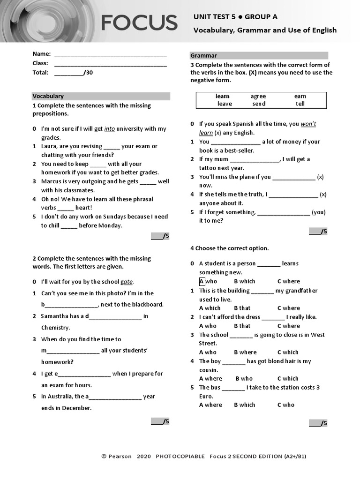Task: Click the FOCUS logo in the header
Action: click(139, 22)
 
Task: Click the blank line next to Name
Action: click(111, 55)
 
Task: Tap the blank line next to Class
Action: click(111, 64)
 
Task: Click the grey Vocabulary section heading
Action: click(101, 96)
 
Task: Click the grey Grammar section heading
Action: click(259, 55)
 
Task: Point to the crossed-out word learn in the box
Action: click(222, 96)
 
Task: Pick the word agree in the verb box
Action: click(258, 96)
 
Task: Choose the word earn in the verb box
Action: click(300, 96)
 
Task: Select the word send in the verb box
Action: click(259, 104)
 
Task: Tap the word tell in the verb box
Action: click(300, 104)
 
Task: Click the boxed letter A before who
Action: click(202, 281)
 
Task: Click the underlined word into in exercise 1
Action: click(110, 129)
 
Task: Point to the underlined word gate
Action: click(127, 282)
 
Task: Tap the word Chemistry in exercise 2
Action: click(55, 328)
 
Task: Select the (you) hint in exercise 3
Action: click(318, 212)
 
